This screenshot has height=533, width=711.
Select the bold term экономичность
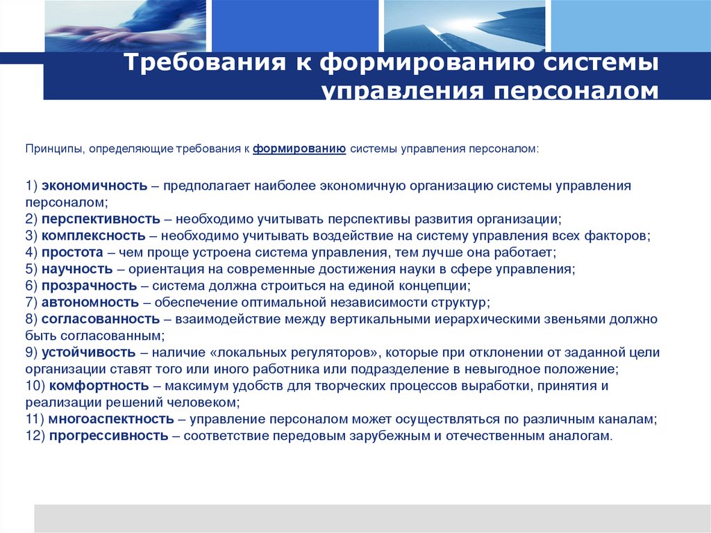click(94, 186)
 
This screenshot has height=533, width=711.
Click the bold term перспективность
click(101, 219)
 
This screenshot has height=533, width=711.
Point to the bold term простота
click(72, 252)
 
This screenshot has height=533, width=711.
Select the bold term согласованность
click(101, 319)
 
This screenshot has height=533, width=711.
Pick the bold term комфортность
click(99, 386)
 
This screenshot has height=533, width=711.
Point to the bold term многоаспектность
click(111, 419)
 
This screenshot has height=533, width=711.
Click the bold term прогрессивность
click(109, 436)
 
